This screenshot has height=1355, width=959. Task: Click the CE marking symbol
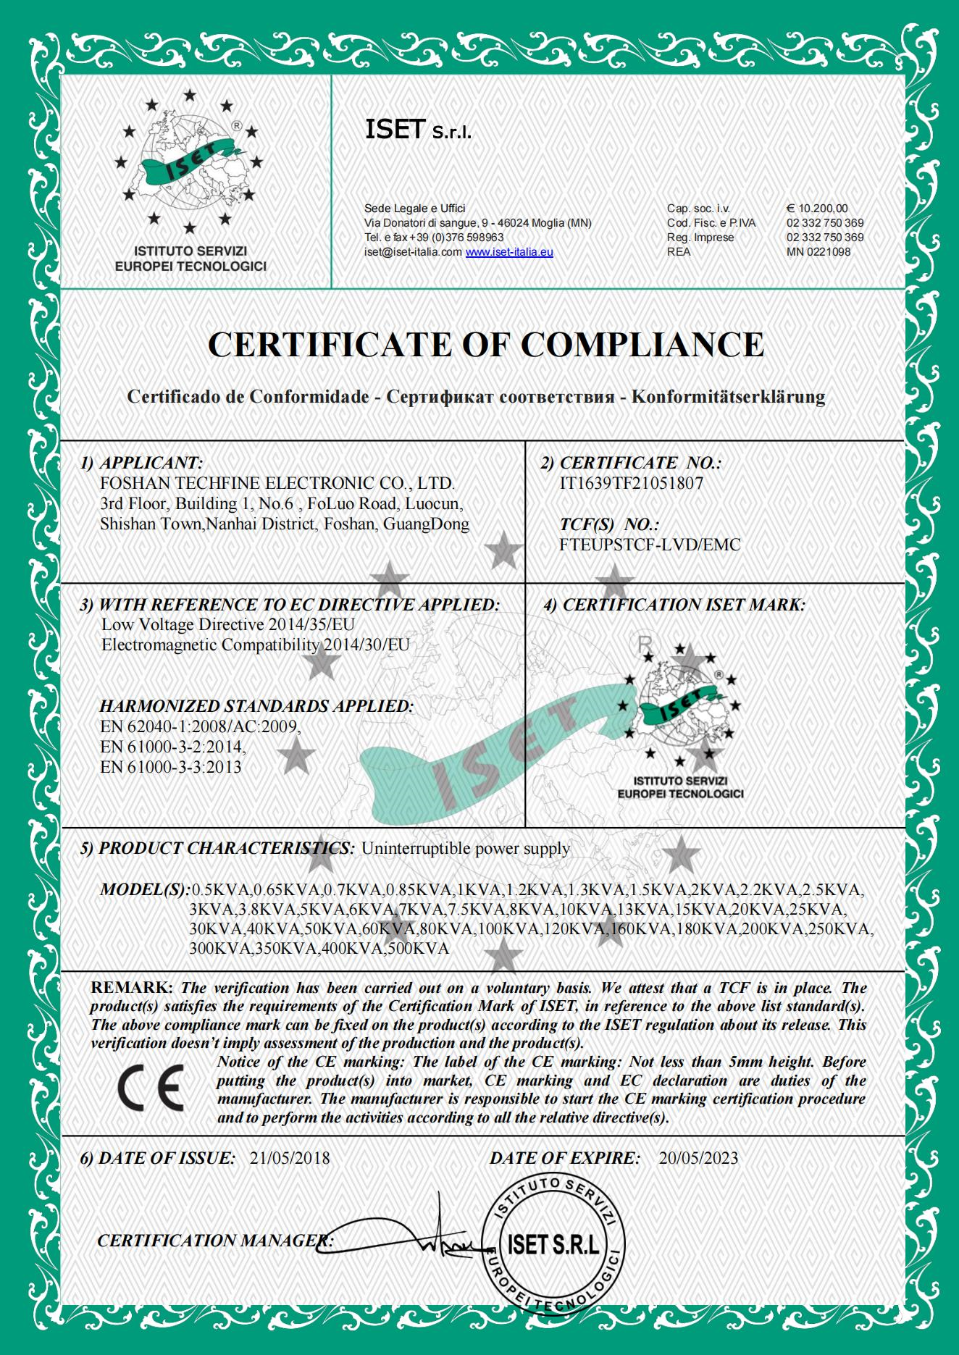click(x=151, y=1088)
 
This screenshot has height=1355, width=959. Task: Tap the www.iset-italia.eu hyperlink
click(x=509, y=252)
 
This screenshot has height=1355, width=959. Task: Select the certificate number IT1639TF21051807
click(x=631, y=483)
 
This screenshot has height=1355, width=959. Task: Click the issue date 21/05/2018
click(x=290, y=1158)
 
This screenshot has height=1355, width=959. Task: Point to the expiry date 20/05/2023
click(x=698, y=1158)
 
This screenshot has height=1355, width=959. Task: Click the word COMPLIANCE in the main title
click(x=642, y=344)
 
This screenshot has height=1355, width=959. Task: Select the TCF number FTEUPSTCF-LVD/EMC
click(x=650, y=545)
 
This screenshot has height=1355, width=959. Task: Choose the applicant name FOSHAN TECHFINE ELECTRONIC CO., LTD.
click(x=278, y=483)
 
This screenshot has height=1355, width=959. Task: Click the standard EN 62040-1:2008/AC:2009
click(x=200, y=726)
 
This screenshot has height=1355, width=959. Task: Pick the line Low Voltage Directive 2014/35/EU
click(x=228, y=624)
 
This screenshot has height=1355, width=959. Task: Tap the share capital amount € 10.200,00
click(x=817, y=209)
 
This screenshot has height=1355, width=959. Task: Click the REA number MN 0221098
click(x=818, y=252)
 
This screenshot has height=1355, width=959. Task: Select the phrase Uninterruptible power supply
click(x=466, y=848)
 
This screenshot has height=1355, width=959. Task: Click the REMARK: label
click(x=131, y=988)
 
